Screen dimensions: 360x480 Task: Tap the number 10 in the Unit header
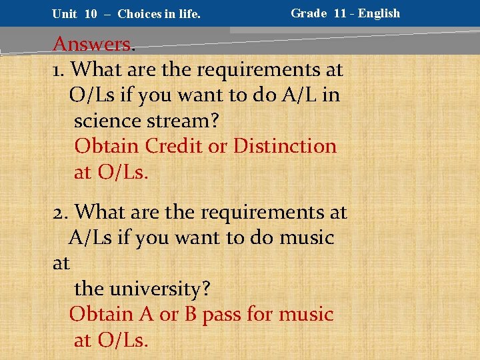91,14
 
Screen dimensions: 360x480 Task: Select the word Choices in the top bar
139,14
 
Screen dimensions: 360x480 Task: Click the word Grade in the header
309,13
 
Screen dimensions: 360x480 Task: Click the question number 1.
58,69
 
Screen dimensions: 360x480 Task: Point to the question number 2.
60,213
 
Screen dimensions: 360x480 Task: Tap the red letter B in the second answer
190,314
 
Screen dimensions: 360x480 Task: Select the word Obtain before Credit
107,146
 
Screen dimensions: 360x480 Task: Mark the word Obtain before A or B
101,314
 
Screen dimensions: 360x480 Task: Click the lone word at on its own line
61,264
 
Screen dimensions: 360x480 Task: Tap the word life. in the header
187,14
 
